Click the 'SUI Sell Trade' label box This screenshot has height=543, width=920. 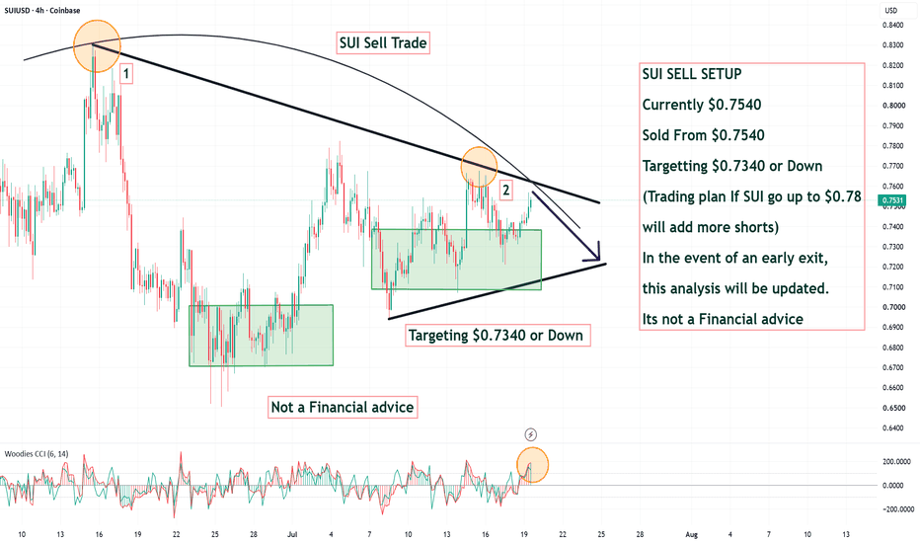pyautogui.click(x=383, y=42)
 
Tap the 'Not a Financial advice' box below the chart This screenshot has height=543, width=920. pyautogui.click(x=343, y=408)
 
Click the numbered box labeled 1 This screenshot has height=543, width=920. pyautogui.click(x=126, y=74)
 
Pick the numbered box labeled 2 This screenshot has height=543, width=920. pyautogui.click(x=505, y=190)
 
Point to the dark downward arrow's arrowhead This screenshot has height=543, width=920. pyautogui.click(x=596, y=255)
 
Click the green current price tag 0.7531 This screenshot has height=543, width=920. pyautogui.click(x=891, y=200)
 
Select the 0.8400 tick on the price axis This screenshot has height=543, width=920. pyautogui.click(x=892, y=26)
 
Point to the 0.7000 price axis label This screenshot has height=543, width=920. pyautogui.click(x=892, y=307)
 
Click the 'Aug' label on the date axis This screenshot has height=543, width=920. pyautogui.click(x=692, y=534)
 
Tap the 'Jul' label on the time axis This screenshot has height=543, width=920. pyautogui.click(x=292, y=534)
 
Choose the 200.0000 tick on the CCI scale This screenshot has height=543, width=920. pyautogui.click(x=896, y=462)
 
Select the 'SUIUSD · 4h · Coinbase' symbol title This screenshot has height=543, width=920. pyautogui.click(x=42, y=11)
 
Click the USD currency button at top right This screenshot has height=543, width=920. pyautogui.click(x=891, y=10)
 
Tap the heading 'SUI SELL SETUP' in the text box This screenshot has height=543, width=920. pyautogui.click(x=692, y=74)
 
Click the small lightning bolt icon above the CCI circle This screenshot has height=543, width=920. pyautogui.click(x=530, y=434)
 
